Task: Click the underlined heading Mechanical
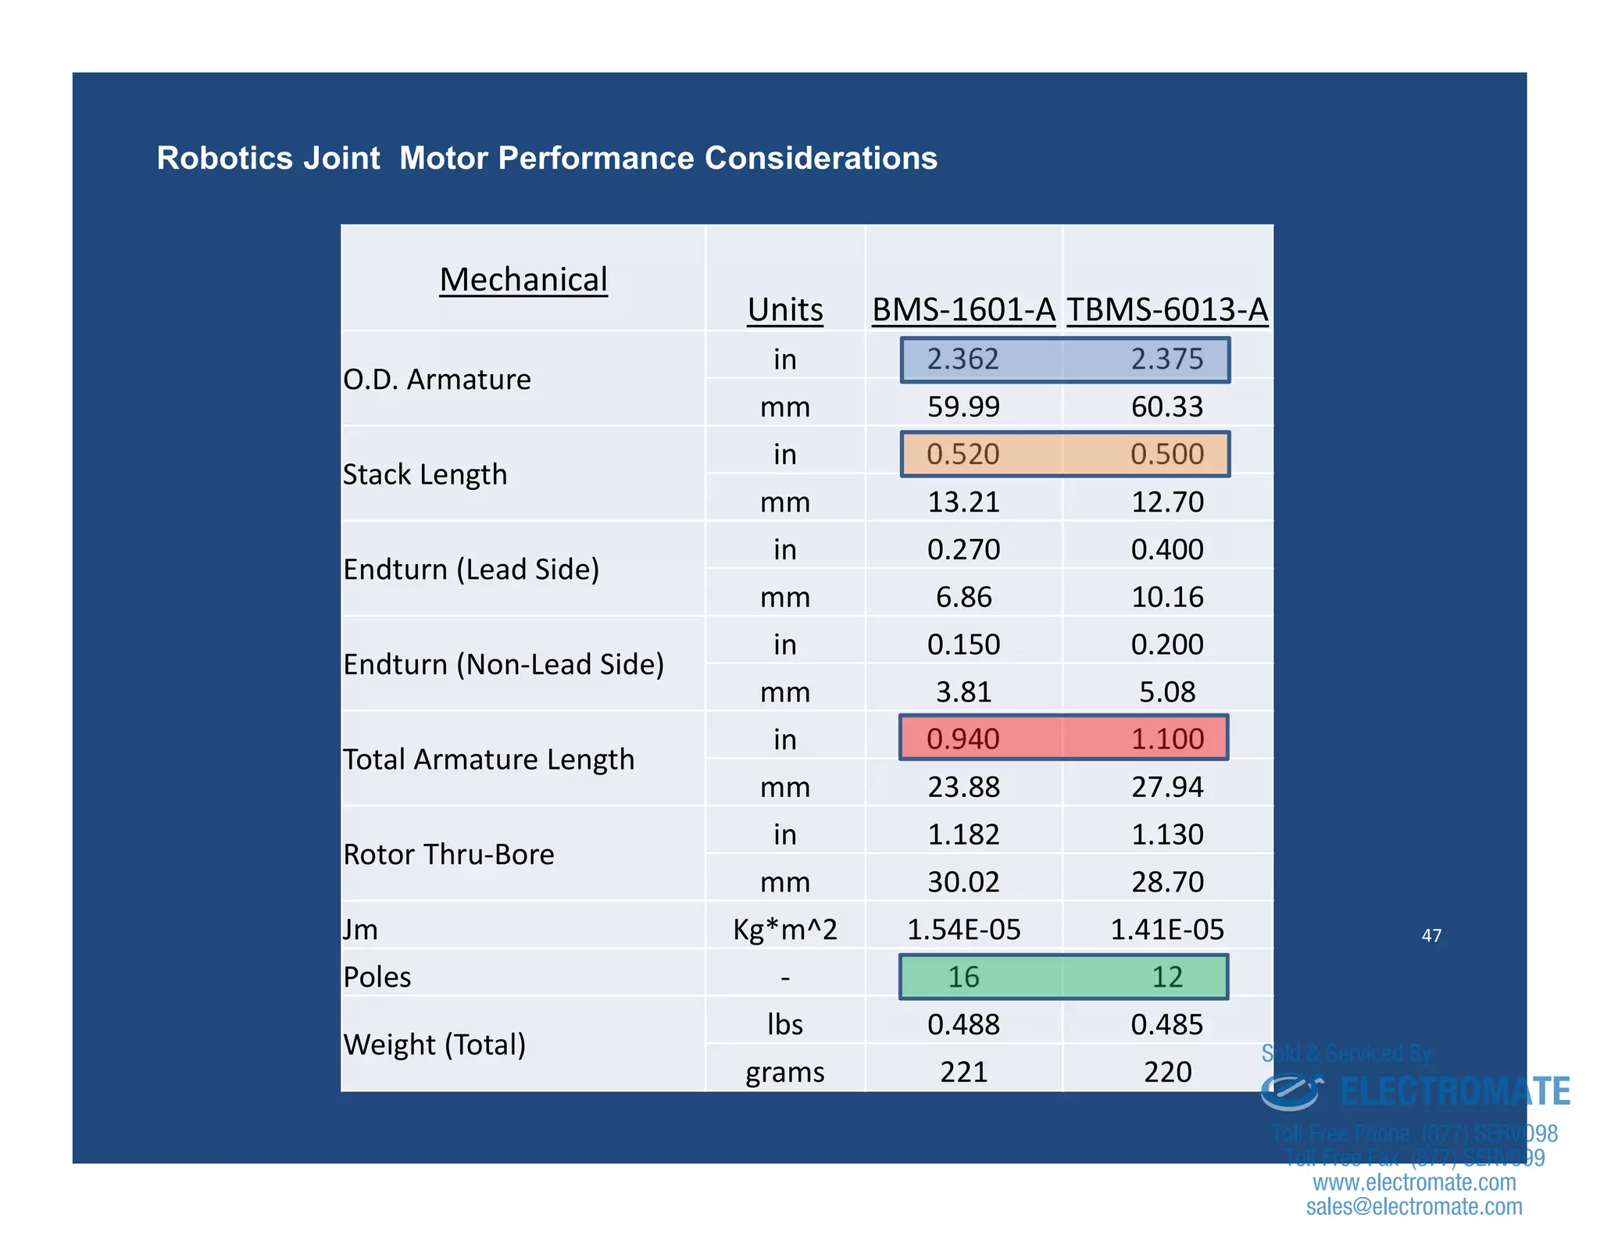(x=523, y=280)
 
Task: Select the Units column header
(x=785, y=309)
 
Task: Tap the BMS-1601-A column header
(x=963, y=309)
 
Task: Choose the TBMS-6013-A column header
(x=1167, y=309)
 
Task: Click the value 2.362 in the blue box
(x=962, y=359)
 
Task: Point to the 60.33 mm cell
(x=1167, y=407)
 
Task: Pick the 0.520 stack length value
(x=962, y=454)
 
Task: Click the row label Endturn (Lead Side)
(x=471, y=570)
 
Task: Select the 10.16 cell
(x=1167, y=597)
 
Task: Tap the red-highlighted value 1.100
(x=1167, y=738)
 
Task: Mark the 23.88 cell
(x=963, y=787)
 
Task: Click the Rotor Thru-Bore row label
(x=448, y=855)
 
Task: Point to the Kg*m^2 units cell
(x=785, y=930)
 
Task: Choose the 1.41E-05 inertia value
(x=1167, y=930)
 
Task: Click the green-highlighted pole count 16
(x=963, y=977)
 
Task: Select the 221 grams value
(x=963, y=1072)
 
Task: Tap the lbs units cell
(x=785, y=1024)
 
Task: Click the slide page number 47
(x=1431, y=935)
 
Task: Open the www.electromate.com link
(x=1414, y=1182)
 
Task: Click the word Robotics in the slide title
(x=225, y=158)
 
